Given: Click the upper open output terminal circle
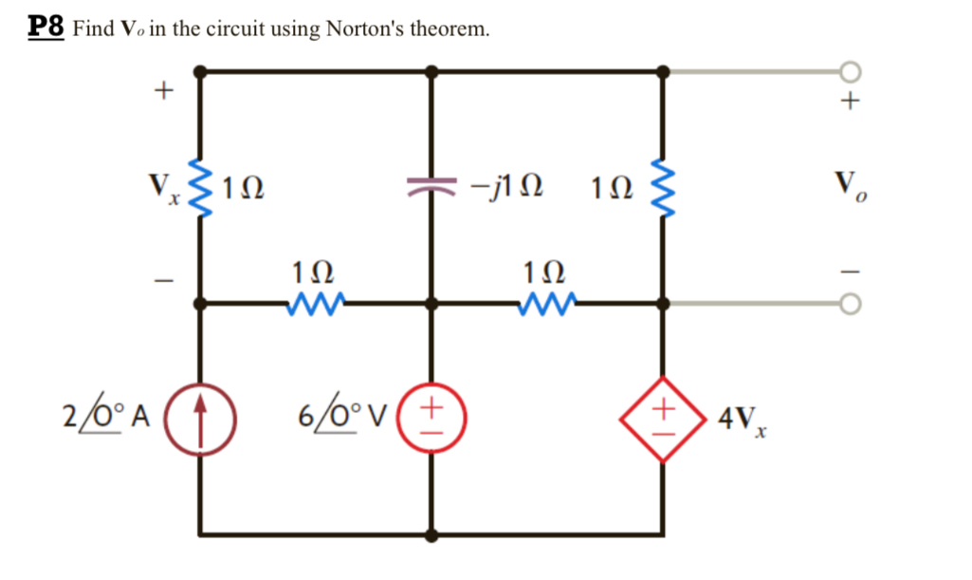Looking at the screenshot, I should [851, 71].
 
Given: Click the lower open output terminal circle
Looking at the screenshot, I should [851, 304].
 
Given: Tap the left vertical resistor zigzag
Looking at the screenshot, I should [201, 185].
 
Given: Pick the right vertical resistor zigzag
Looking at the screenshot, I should [663, 185].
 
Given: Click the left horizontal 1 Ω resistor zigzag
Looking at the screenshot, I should [316, 304].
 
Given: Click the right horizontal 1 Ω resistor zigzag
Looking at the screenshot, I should [546, 304].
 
